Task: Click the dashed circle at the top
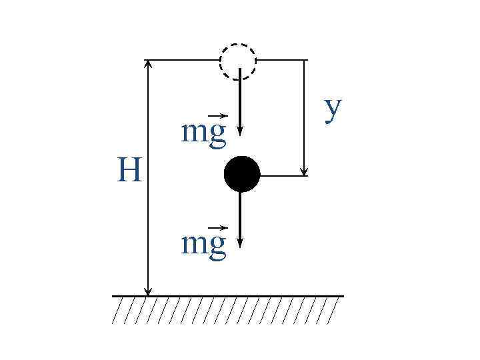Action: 238,61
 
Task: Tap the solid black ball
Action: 241,174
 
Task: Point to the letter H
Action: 129,171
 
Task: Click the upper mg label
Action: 204,133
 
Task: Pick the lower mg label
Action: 204,245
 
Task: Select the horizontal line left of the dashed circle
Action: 183,60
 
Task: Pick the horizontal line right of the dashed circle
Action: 281,60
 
